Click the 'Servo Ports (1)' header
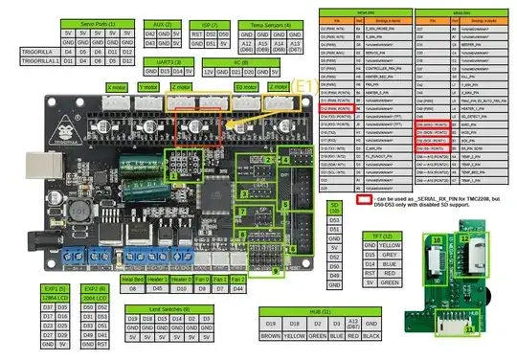pos(87,22)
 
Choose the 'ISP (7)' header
pos(204,22)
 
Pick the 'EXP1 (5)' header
pos(56,288)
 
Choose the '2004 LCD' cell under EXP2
pos(95,297)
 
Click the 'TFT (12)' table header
pos(381,234)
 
